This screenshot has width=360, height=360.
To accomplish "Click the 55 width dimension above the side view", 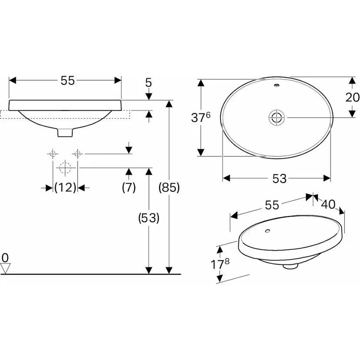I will (67, 80).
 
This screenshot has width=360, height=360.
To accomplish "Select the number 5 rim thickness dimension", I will (149, 82).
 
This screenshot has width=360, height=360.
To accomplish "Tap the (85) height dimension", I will (169, 188).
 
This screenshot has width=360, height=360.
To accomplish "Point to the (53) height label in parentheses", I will (149, 218).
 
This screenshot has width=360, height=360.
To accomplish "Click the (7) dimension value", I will (129, 187).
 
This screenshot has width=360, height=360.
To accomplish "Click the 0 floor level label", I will (5, 257).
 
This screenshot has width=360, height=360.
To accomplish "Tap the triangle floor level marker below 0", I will (5, 269).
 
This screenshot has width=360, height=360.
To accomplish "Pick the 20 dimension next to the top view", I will (353, 97).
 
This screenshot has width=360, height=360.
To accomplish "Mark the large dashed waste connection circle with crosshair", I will (65, 167).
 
